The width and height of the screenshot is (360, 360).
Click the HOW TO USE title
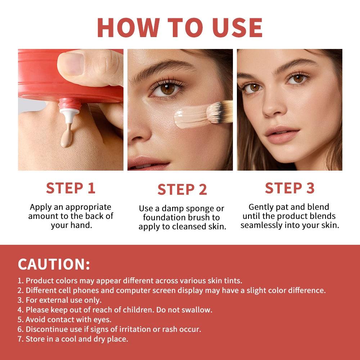[180, 27]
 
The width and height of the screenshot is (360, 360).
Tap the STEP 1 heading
[71, 188]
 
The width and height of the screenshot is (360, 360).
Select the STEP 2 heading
[182, 190]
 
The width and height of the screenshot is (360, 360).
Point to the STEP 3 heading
[290, 188]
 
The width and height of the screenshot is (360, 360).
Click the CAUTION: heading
[54, 264]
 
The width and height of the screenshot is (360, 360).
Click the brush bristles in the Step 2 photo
[220, 113]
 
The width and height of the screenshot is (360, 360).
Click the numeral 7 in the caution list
[20, 339]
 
